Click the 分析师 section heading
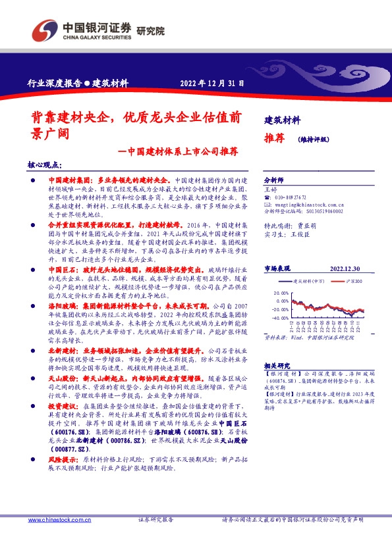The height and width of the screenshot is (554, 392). pos(273,180)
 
